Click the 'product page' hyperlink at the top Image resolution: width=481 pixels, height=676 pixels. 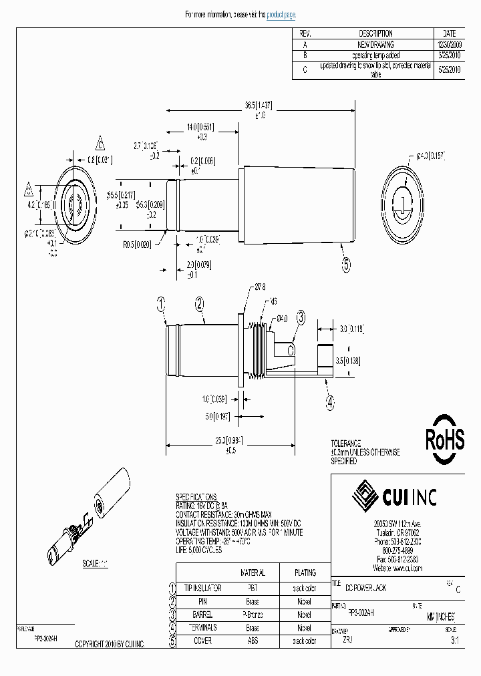click(281, 15)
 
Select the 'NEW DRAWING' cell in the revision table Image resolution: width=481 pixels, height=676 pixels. click(375, 44)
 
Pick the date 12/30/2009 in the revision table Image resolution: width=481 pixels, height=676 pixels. click(448, 44)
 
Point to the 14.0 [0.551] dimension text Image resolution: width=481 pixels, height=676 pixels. click(201, 126)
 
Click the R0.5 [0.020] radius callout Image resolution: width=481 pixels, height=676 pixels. click(137, 245)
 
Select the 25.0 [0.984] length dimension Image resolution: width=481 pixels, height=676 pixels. click(231, 441)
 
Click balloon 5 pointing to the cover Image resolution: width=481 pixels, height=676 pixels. click(346, 265)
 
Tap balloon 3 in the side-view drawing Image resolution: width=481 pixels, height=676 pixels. click(301, 318)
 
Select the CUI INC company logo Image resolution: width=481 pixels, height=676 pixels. click(394, 496)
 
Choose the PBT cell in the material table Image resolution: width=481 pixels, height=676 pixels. click(252, 587)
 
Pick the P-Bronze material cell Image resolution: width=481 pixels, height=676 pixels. click(252, 615)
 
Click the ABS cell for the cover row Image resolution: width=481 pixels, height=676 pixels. click(252, 641)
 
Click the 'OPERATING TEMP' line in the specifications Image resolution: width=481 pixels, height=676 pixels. click(212, 541)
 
